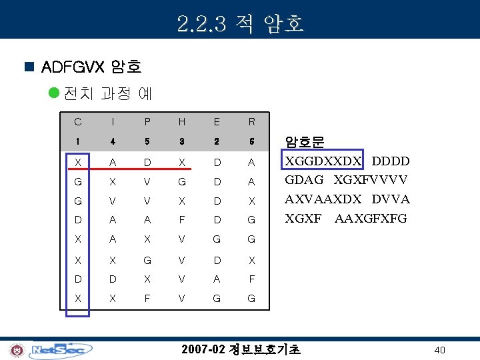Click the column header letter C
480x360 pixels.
pyautogui.click(x=78, y=122)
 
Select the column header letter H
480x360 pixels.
pyautogui.click(x=182, y=122)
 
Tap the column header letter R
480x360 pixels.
pyautogui.click(x=251, y=122)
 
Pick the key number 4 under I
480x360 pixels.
pyautogui.click(x=113, y=142)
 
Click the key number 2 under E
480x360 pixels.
pyautogui.click(x=217, y=142)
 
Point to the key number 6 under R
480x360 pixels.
pyautogui.click(x=251, y=142)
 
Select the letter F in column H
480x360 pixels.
pyautogui.click(x=182, y=220)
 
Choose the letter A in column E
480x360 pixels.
pyautogui.click(x=217, y=279)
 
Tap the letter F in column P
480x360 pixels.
pyautogui.click(x=147, y=298)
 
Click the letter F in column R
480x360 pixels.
pyautogui.click(x=251, y=279)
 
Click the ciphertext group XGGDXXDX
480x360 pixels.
pyautogui.click(x=323, y=161)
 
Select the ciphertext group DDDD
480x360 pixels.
pyautogui.click(x=390, y=161)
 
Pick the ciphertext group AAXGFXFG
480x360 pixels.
pyautogui.click(x=371, y=219)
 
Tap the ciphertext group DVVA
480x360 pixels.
pyautogui.click(x=391, y=199)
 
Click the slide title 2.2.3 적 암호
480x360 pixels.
pyautogui.click(x=241, y=23)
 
